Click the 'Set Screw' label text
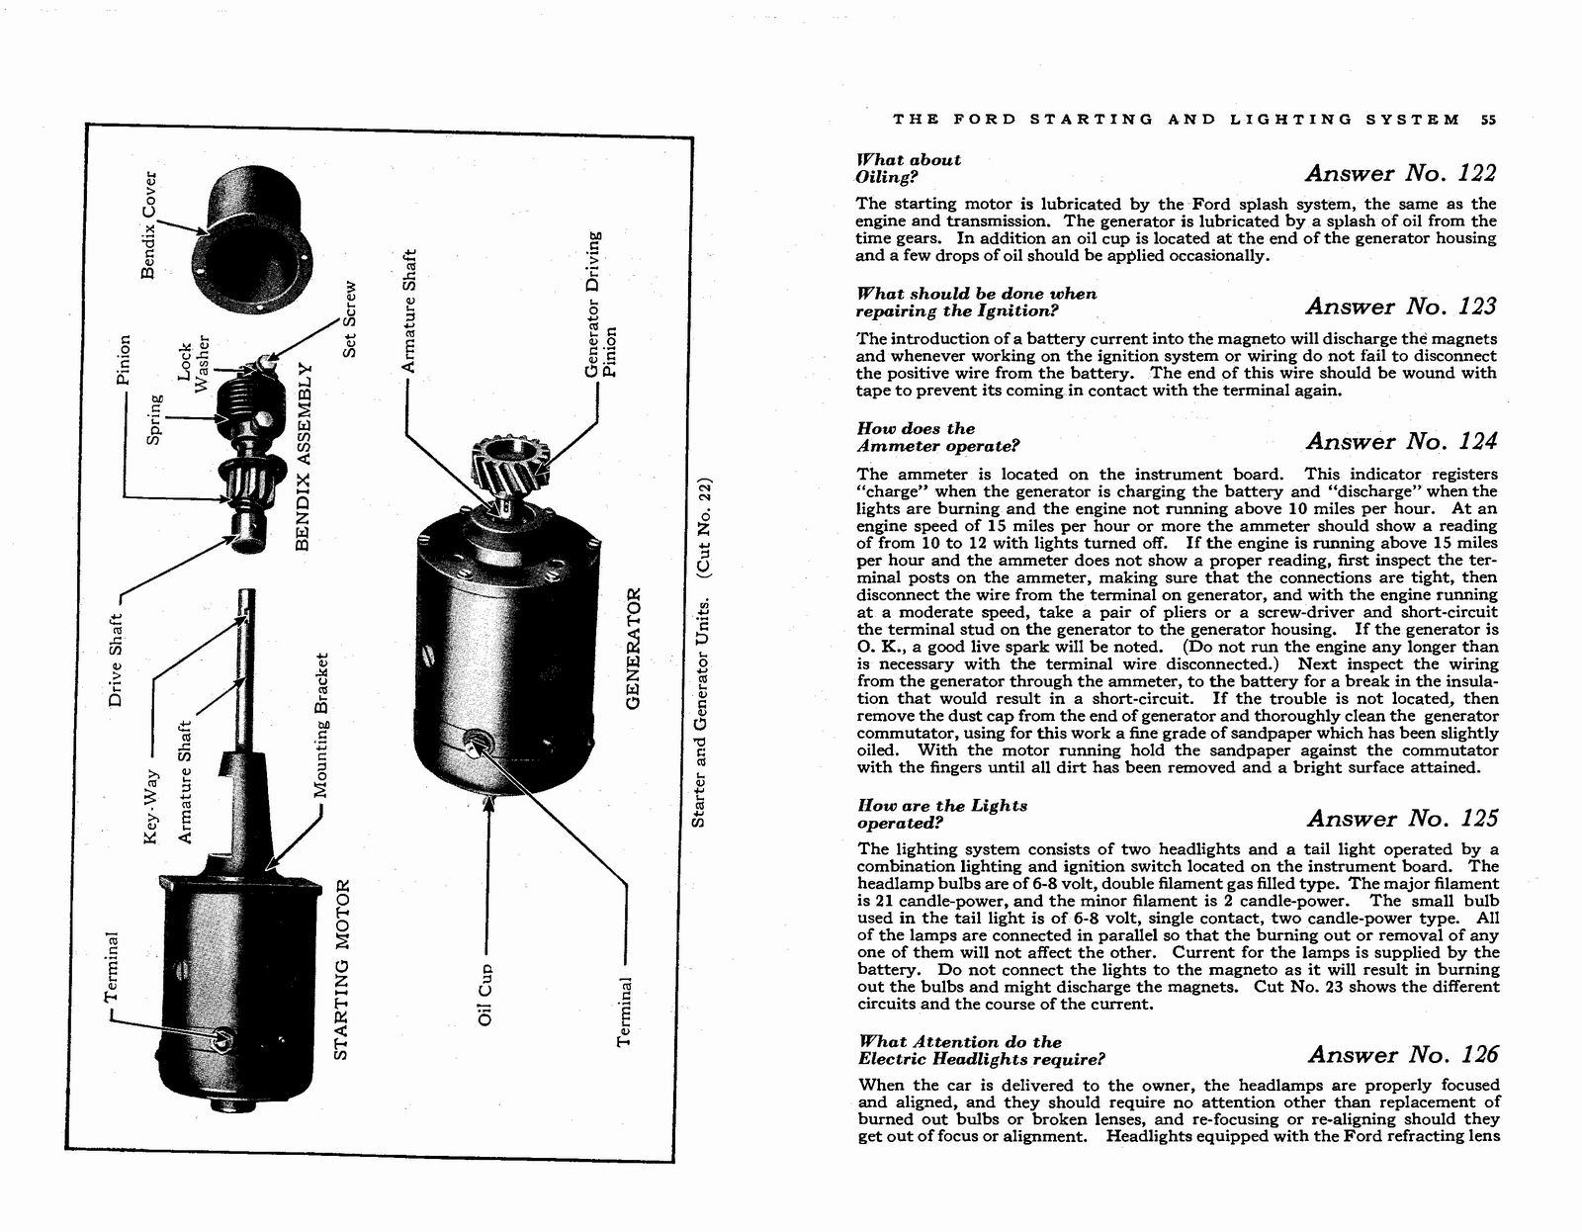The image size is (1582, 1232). click(x=348, y=319)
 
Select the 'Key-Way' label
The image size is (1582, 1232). click(x=150, y=806)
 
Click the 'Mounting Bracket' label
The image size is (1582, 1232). click(x=321, y=725)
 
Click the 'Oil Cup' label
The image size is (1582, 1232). click(x=485, y=994)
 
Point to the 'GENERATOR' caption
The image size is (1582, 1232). click(x=635, y=648)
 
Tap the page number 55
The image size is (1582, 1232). click(x=1489, y=120)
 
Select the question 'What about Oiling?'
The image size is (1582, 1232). click(x=908, y=168)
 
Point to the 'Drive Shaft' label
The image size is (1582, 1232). click(x=116, y=660)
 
